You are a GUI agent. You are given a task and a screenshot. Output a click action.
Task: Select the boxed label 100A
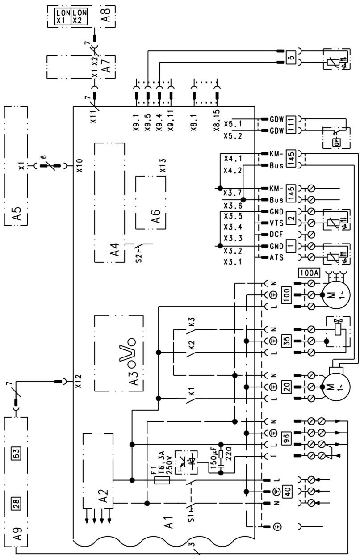coord(305,272)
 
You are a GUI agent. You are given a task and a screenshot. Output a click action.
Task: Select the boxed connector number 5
coord(291,57)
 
